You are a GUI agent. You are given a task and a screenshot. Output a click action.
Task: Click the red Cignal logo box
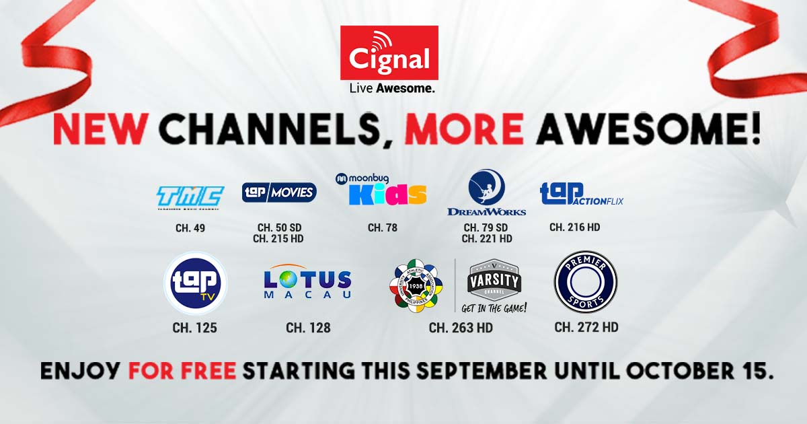(x=389, y=52)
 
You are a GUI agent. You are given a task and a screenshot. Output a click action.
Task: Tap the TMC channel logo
(x=190, y=197)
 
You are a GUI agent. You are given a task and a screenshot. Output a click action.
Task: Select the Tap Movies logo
(x=279, y=192)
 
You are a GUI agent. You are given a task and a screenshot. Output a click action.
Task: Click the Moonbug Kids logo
(x=381, y=189)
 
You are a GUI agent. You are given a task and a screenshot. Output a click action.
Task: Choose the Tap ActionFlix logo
(x=582, y=194)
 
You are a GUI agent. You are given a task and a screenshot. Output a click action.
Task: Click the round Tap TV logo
(x=196, y=283)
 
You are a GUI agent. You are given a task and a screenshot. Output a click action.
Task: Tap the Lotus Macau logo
(x=308, y=283)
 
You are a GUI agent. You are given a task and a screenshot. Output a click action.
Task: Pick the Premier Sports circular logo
(x=585, y=281)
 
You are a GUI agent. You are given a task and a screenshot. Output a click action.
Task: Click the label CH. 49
(x=190, y=228)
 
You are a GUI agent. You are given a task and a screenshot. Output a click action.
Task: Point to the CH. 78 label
(x=382, y=227)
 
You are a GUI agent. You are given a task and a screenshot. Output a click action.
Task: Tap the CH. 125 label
(x=195, y=328)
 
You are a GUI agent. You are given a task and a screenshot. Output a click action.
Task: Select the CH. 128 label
(x=308, y=328)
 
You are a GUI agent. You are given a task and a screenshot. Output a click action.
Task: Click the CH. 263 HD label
(x=461, y=328)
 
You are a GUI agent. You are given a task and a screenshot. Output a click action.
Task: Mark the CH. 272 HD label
(x=586, y=327)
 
